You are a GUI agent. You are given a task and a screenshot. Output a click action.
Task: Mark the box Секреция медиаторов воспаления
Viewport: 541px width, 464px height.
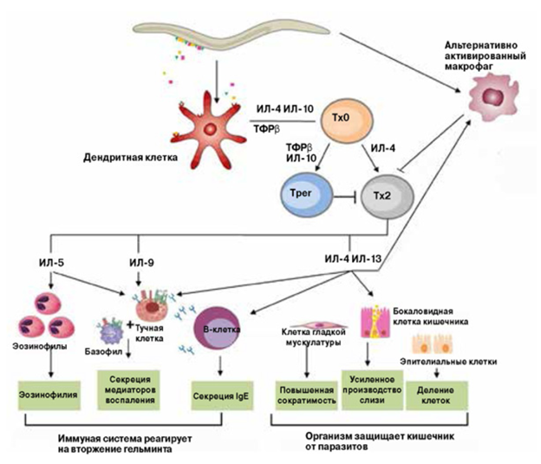(x=138, y=386)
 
